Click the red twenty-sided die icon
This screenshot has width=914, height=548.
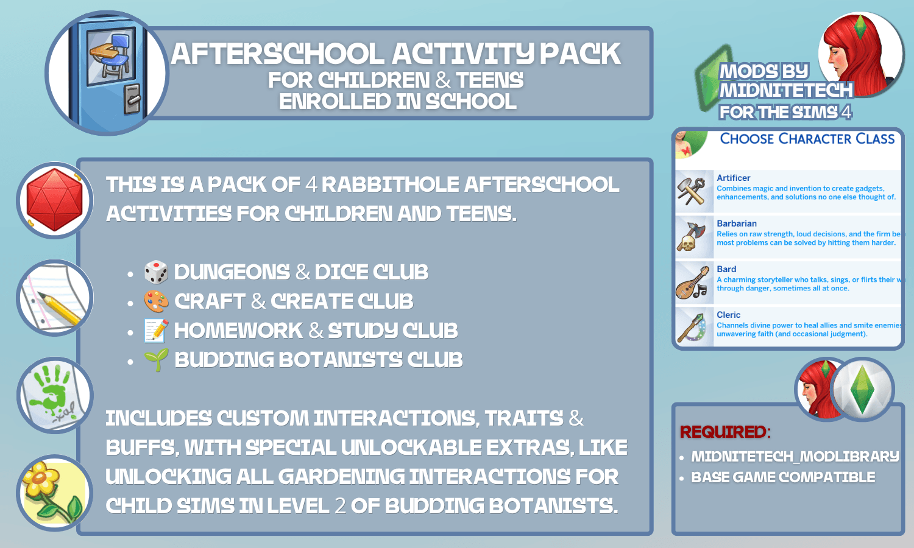click(x=54, y=200)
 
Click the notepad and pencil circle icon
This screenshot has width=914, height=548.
click(x=54, y=298)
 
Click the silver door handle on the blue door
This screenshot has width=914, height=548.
click(x=132, y=99)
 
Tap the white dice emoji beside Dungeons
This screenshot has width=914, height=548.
click(x=156, y=272)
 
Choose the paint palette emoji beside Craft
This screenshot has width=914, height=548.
click(x=156, y=301)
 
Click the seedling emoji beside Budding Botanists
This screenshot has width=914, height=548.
click(x=156, y=360)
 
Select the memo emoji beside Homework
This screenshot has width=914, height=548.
click(x=156, y=331)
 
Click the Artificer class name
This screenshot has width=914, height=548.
click(x=733, y=178)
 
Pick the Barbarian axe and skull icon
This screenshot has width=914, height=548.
click(x=691, y=236)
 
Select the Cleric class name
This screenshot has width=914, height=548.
click(x=728, y=315)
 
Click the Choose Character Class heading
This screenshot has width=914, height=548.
click(x=807, y=139)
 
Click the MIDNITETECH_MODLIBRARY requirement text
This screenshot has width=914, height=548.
click(x=795, y=456)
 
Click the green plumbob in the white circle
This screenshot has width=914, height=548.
click(x=862, y=390)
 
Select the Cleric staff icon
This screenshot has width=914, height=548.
click(x=691, y=328)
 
